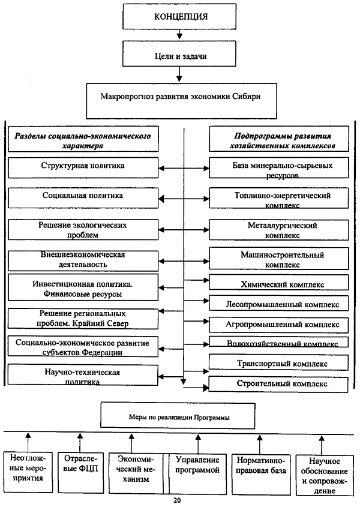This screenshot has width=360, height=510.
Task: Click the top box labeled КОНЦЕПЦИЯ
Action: (179, 17)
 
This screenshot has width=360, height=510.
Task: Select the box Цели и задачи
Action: (179, 53)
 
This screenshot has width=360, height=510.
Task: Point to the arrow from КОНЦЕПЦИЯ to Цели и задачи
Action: (179, 35)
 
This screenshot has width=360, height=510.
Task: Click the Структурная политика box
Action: (83, 168)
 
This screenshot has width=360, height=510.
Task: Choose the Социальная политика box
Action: (83, 198)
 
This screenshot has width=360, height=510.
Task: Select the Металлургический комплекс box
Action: (278, 230)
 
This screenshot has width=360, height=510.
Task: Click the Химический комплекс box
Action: (278, 283)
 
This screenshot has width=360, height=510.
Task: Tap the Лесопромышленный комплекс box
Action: (278, 303)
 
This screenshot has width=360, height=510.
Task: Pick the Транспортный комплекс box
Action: (278, 362)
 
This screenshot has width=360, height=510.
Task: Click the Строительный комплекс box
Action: (278, 384)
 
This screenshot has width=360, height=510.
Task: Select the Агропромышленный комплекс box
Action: (278, 325)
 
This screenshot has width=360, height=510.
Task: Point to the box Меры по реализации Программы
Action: (178, 416)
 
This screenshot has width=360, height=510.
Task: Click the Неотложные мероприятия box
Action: (28, 472)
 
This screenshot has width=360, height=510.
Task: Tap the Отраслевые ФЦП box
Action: (80, 472)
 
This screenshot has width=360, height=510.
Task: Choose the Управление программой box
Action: (198, 473)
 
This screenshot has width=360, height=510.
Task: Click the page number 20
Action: (177, 500)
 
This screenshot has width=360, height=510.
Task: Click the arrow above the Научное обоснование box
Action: (322, 445)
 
